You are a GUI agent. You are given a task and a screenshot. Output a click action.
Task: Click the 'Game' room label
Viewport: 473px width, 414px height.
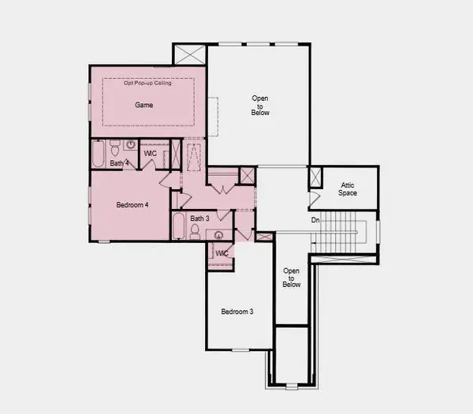143,105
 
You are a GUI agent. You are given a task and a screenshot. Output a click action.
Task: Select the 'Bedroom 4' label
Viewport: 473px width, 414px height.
132,205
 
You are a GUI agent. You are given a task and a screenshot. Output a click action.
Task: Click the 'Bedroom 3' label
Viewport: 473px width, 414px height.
236,311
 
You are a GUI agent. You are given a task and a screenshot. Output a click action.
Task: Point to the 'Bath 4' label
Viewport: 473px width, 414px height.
119,163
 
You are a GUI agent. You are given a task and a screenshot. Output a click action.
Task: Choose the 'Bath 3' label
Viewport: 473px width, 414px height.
199,218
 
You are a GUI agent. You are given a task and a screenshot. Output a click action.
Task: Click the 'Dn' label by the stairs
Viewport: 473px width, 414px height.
315,220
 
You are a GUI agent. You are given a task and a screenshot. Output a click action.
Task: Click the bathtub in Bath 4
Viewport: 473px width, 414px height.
99,154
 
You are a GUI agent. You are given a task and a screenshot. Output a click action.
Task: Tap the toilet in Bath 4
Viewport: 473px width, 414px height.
115,148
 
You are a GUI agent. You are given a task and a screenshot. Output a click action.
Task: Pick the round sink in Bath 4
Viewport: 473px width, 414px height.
131,145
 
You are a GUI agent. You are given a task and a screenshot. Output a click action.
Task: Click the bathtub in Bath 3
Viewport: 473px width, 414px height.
178,227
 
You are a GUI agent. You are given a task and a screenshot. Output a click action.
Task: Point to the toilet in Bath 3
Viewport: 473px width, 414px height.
196,232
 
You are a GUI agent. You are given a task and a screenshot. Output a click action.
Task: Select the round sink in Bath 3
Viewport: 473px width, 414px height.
218,234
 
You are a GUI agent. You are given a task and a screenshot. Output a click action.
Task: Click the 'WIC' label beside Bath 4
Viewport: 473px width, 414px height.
150,153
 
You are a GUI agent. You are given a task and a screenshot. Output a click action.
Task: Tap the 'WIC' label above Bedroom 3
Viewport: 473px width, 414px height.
222,253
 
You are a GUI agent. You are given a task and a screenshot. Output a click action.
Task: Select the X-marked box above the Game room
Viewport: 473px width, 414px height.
191,55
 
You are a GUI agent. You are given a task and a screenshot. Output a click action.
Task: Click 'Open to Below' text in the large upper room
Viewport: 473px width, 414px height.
260,105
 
